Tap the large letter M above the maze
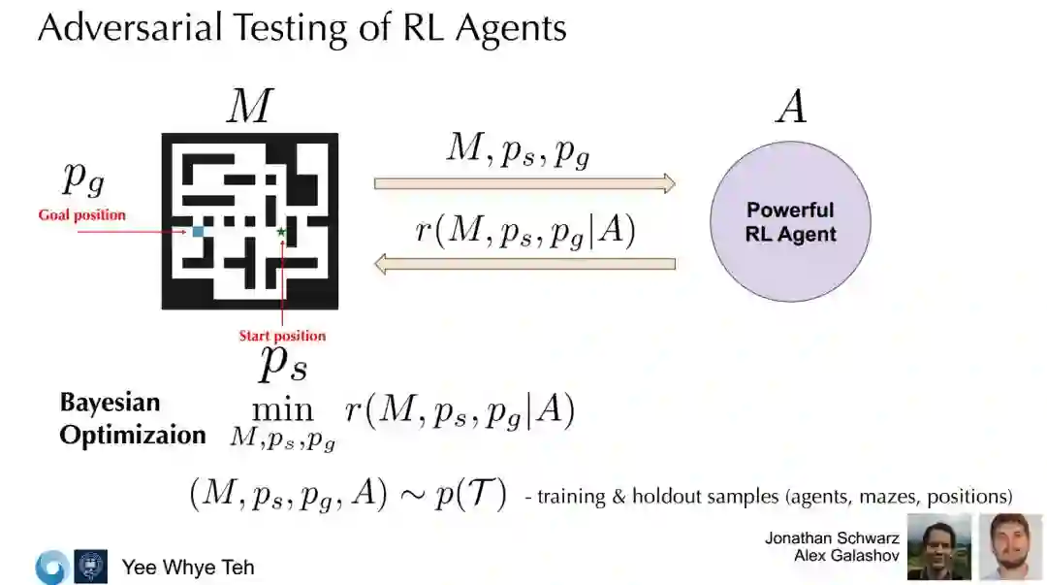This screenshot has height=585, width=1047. click(249, 107)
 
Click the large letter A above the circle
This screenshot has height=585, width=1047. click(791, 107)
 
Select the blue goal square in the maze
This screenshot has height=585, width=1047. click(198, 231)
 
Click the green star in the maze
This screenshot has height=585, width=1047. click(281, 232)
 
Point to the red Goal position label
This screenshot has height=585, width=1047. click(82, 214)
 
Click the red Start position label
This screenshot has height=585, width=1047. click(282, 336)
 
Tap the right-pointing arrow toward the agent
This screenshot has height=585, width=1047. click(524, 183)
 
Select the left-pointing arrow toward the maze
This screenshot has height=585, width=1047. click(524, 263)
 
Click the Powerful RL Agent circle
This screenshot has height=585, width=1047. click(790, 222)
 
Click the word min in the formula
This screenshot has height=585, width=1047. click(282, 411)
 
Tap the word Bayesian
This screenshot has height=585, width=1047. click(110, 403)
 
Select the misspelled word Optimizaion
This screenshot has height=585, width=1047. click(133, 435)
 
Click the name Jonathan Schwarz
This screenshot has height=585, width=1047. click(832, 538)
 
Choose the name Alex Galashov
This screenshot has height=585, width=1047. click(846, 556)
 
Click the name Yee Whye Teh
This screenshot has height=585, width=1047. click(188, 567)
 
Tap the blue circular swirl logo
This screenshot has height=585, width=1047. click(50, 567)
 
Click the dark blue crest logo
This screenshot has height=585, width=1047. click(90, 567)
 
